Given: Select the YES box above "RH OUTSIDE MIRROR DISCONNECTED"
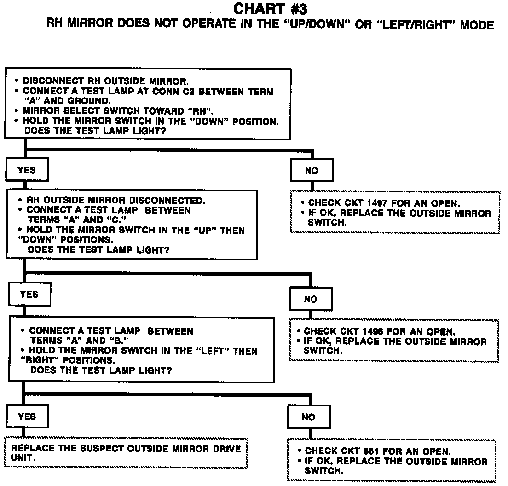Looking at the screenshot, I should click(x=27, y=170).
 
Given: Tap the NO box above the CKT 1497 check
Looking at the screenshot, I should click(x=312, y=171).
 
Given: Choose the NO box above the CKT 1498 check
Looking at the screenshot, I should click(x=311, y=300).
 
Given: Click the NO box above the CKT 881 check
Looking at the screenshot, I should click(x=308, y=417).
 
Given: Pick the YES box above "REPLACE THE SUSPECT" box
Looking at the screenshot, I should click(x=27, y=417).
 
